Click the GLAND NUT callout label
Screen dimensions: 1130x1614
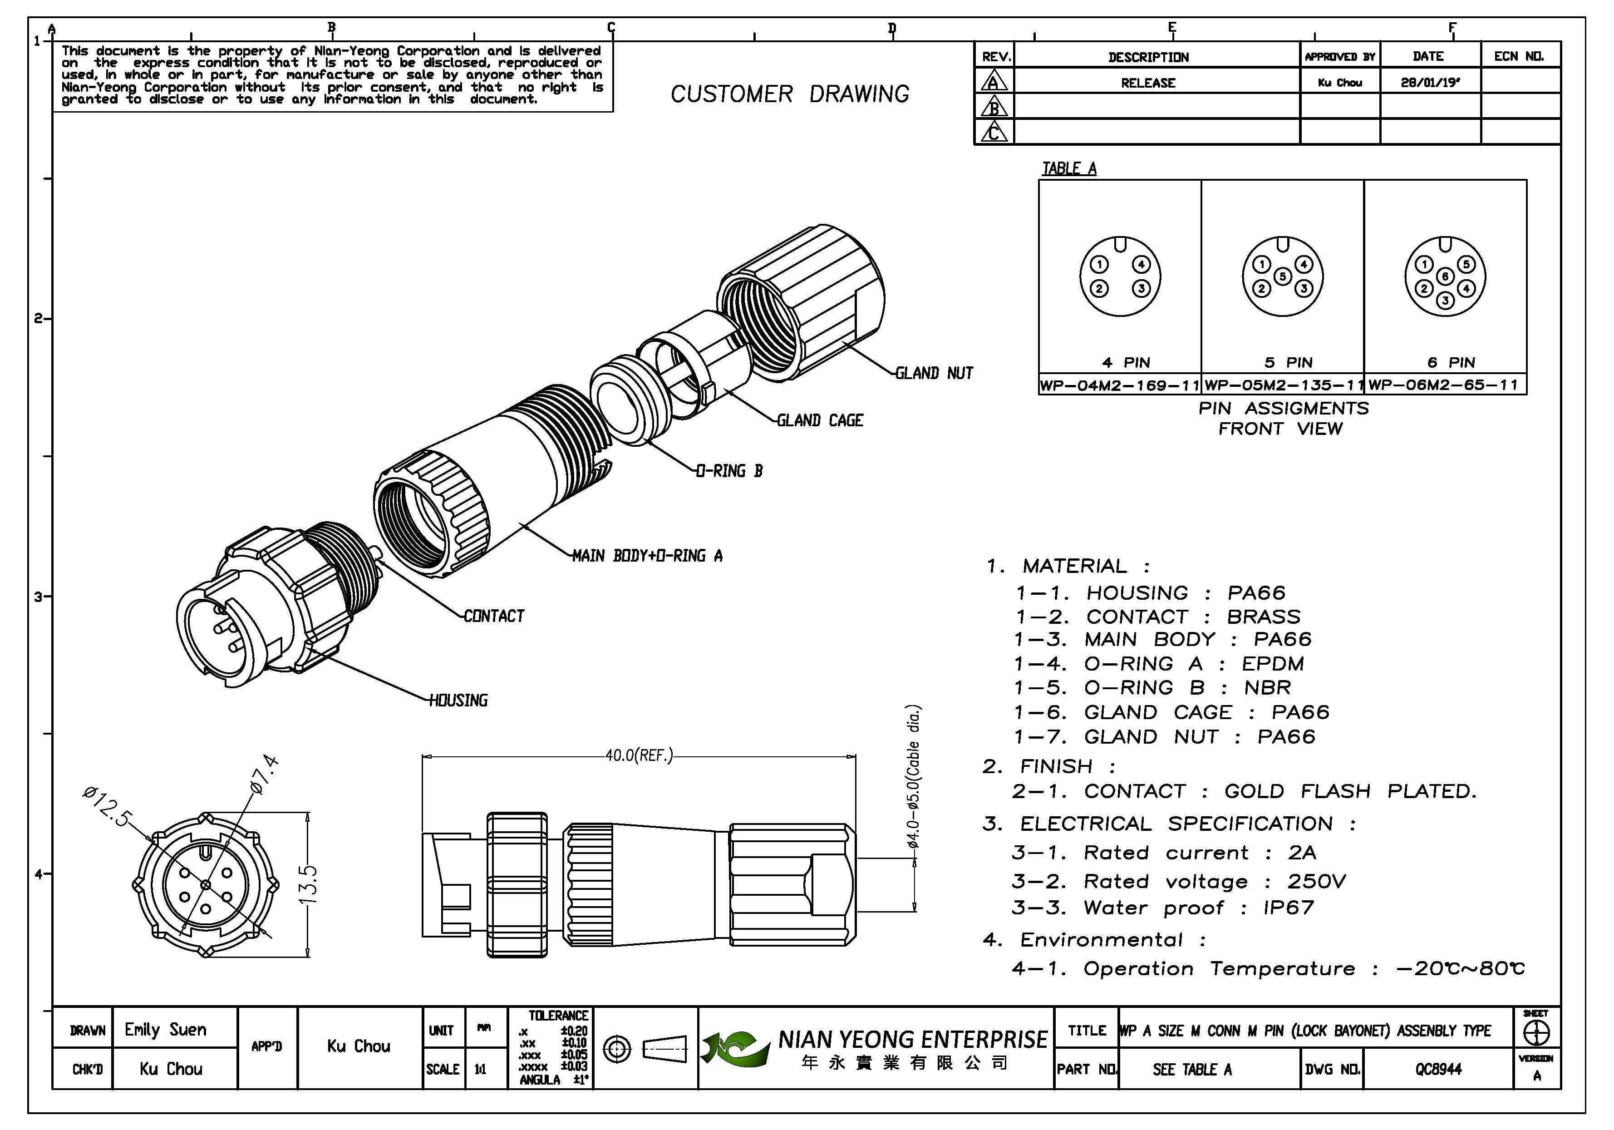click(934, 373)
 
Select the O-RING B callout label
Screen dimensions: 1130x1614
click(729, 471)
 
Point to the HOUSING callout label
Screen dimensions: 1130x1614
click(458, 701)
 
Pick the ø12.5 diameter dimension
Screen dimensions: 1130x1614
click(106, 806)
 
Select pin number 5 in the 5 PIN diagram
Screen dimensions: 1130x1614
click(1282, 276)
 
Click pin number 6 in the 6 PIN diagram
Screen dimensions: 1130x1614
click(1445, 276)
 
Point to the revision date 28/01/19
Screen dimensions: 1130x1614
click(1430, 82)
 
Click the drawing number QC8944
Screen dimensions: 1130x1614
click(1438, 1070)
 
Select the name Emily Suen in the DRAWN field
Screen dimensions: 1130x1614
click(166, 1030)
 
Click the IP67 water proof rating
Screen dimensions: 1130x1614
click(1289, 908)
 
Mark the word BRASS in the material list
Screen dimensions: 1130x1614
click(1263, 617)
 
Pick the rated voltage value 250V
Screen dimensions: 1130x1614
click(1316, 881)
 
